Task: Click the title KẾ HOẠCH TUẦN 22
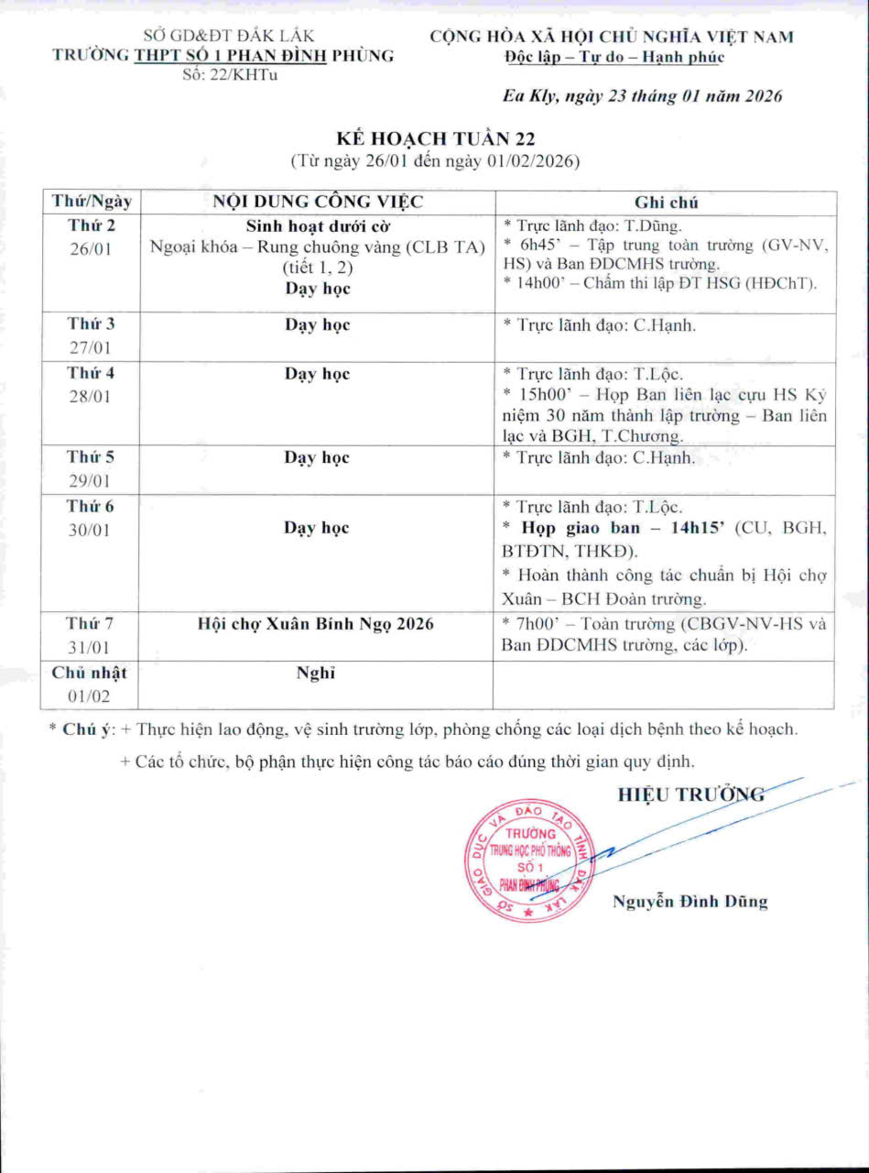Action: [x=435, y=138]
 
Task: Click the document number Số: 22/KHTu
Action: [x=230, y=74]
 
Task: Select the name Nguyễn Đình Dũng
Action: [x=690, y=902]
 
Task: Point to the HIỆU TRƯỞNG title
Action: [x=690, y=795]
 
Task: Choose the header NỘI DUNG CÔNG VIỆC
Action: [x=318, y=203]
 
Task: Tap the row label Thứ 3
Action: [x=91, y=323]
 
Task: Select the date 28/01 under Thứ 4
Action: [x=91, y=398]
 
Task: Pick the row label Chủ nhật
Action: [x=90, y=673]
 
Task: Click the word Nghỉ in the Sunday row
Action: [x=317, y=674]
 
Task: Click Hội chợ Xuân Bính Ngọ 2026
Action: [x=316, y=624]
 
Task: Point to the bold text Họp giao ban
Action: [x=572, y=529]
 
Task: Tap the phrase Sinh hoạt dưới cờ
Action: [x=317, y=225]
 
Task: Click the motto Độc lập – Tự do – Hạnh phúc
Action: [x=614, y=57]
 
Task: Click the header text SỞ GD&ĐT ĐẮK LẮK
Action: [x=229, y=37]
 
